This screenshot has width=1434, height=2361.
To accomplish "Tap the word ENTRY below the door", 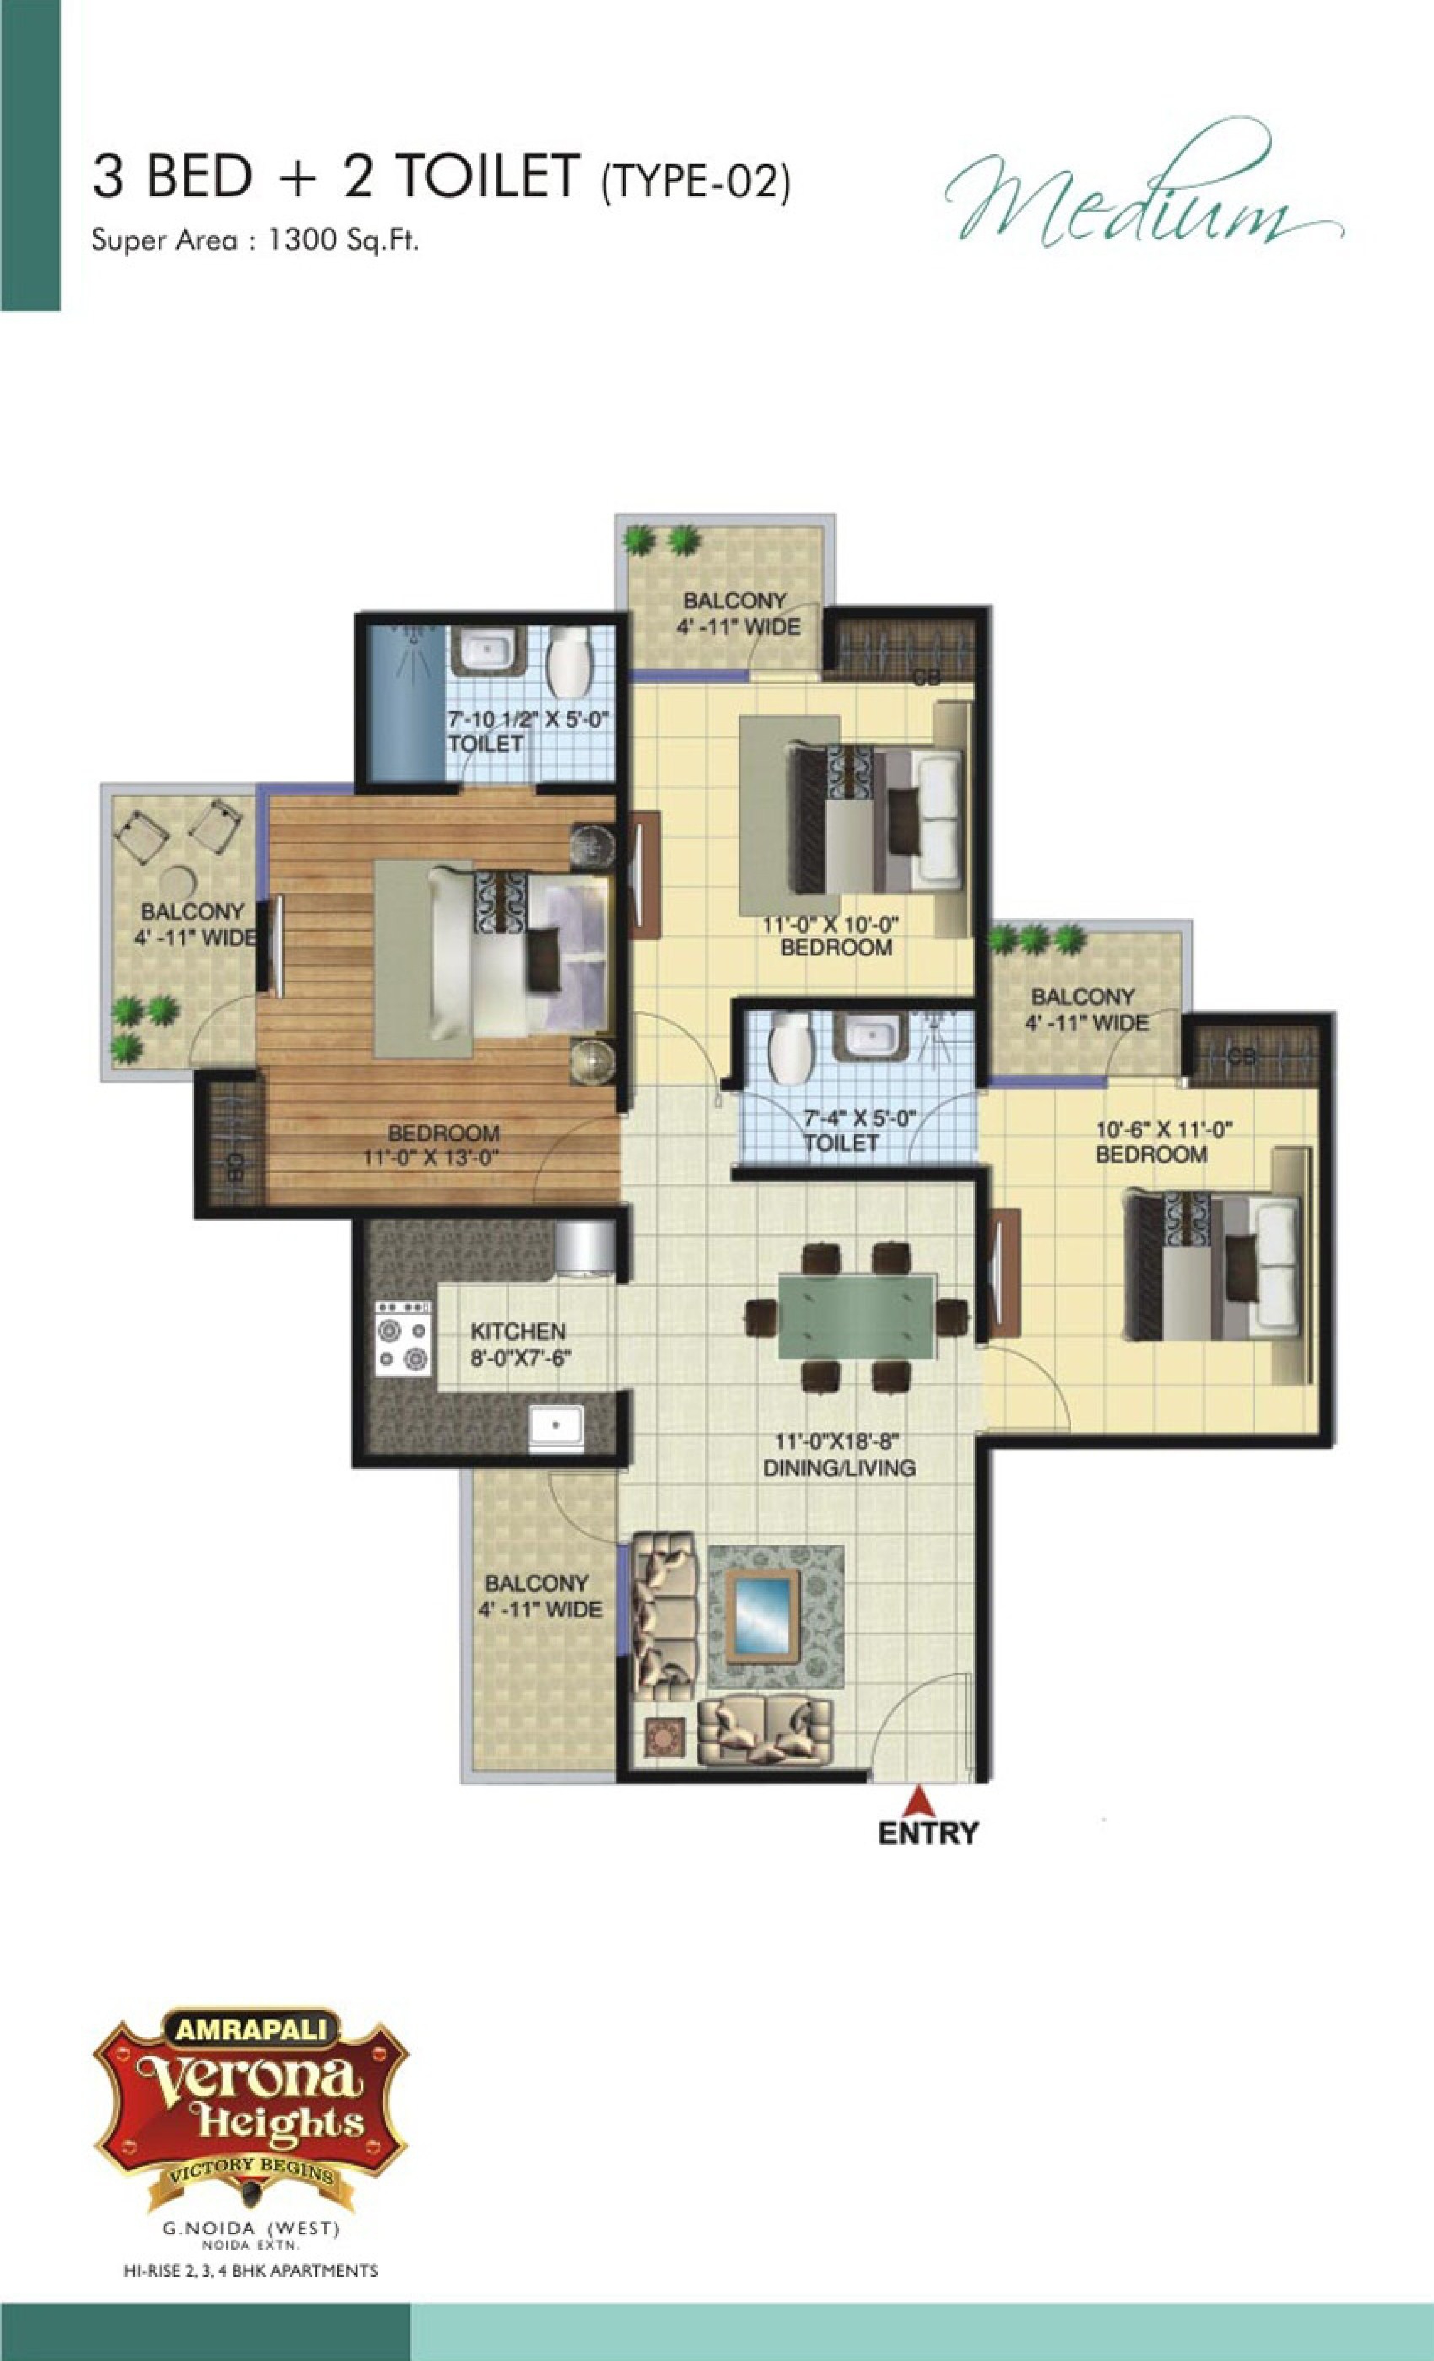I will [928, 1833].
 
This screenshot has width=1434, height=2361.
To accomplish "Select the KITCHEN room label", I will [518, 1331].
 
